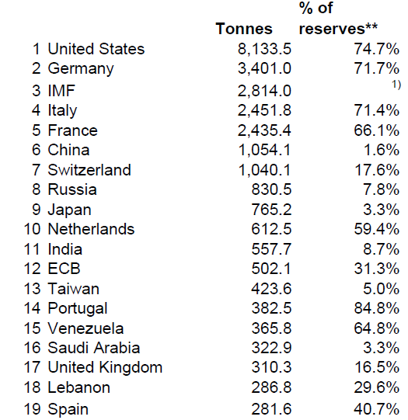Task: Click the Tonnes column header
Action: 244,29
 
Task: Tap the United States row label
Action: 96,49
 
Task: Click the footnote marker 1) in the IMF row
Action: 396,82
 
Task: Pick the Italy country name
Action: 62,111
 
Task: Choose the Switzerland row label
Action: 89,170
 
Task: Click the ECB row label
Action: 64,269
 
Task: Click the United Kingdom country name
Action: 105,367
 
